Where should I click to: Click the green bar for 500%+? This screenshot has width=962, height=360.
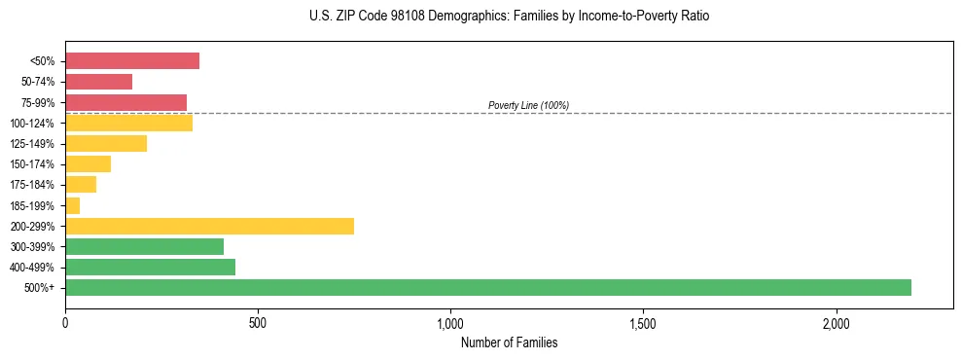point(487,287)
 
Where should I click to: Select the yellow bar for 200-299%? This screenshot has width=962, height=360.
point(209,226)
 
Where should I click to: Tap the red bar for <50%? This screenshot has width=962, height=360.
point(132,61)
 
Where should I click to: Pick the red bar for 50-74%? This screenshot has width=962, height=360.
point(98,82)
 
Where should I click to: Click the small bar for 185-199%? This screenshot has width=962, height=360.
point(73,205)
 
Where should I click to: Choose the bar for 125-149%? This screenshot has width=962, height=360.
point(106,144)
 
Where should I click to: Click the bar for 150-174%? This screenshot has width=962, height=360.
point(88,164)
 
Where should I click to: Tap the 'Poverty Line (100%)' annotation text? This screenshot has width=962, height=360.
point(528,105)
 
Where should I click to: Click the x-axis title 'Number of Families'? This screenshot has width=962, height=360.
point(509,342)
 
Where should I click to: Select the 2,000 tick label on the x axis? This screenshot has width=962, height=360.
point(837,322)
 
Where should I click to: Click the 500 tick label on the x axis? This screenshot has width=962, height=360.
point(258,322)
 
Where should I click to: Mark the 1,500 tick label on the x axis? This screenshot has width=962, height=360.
point(643,322)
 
